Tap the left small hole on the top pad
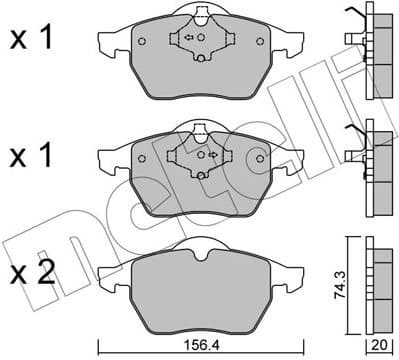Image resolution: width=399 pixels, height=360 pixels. [142, 42]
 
